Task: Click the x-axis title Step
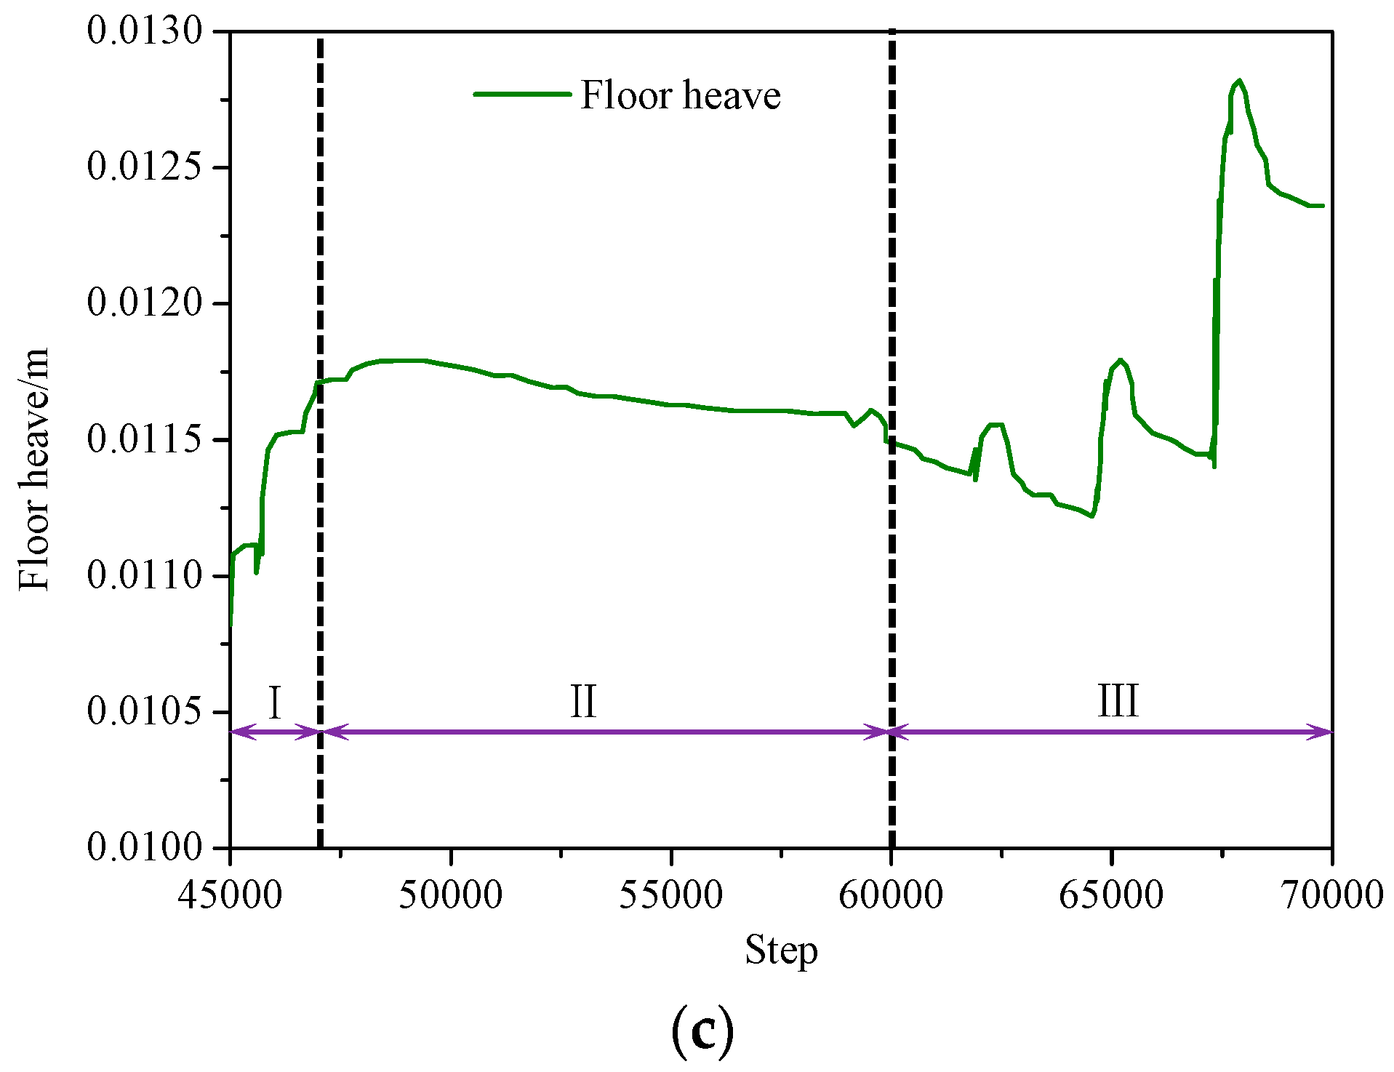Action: (781, 951)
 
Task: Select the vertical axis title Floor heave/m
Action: (33, 469)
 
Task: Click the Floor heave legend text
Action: (681, 95)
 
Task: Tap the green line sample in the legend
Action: (521, 94)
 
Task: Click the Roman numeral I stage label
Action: (274, 703)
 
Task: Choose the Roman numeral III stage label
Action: (1118, 701)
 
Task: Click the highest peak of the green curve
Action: (1239, 81)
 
